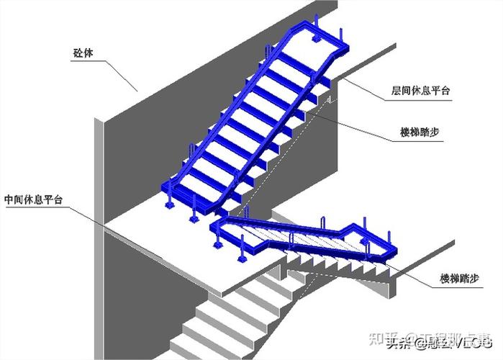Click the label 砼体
tap(83, 52)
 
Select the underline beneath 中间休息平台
tap(36, 208)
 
